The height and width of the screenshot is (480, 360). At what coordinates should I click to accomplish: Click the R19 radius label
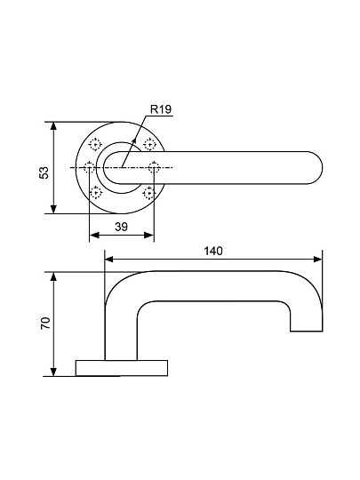point(161,109)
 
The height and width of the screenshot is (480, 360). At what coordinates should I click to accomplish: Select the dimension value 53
point(44,172)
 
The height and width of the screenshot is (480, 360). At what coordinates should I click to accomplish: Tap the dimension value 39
point(121,227)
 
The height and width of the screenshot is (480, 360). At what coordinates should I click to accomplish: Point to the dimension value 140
point(213,251)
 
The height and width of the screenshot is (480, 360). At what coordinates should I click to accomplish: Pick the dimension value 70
point(45,324)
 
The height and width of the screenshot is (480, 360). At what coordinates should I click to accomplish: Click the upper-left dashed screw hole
point(95,144)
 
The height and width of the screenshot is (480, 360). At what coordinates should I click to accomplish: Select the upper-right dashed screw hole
point(149,144)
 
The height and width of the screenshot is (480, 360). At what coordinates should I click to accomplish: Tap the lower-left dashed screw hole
point(96,193)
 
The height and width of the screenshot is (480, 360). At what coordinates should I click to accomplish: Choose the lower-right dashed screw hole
point(148,193)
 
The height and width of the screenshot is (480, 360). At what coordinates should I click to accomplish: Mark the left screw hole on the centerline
point(89,167)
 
